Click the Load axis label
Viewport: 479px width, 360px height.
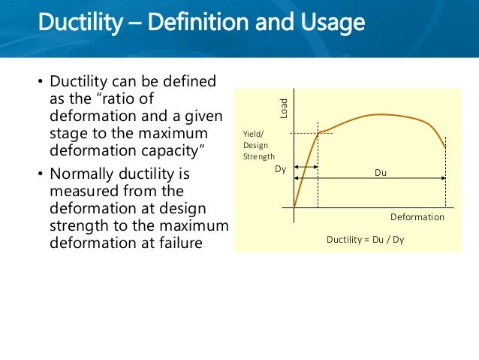285,110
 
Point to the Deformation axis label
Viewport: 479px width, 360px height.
417,216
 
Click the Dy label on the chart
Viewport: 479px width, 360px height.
281,170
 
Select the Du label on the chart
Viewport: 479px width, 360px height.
381,173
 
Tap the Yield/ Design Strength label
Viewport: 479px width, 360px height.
259,145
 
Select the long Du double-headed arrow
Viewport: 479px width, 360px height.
382,178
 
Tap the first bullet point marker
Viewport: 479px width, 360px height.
40,82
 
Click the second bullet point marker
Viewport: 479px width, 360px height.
40,176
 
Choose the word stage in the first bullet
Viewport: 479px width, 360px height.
68,134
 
